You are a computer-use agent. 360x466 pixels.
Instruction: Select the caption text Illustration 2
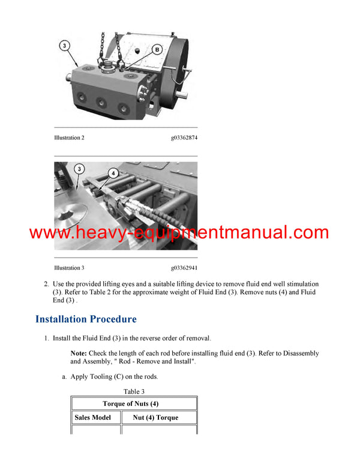click(x=69, y=138)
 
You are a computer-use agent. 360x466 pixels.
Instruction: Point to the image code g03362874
click(x=184, y=138)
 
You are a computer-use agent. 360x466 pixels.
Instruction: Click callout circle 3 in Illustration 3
click(x=78, y=171)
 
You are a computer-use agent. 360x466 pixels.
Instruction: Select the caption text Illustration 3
click(x=69, y=268)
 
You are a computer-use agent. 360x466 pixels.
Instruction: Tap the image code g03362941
click(x=184, y=268)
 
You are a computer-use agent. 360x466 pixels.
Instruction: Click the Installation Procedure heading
click(x=86, y=319)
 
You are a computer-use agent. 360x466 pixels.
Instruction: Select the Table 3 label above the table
click(x=134, y=391)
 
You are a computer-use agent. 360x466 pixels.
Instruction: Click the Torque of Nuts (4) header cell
click(x=134, y=404)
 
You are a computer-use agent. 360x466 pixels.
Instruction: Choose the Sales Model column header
click(x=92, y=417)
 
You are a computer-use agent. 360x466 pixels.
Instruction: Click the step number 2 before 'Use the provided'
click(x=46, y=283)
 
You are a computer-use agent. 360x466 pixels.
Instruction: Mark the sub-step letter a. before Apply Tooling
click(x=64, y=377)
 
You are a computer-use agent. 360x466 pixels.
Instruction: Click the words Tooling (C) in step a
click(x=112, y=377)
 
